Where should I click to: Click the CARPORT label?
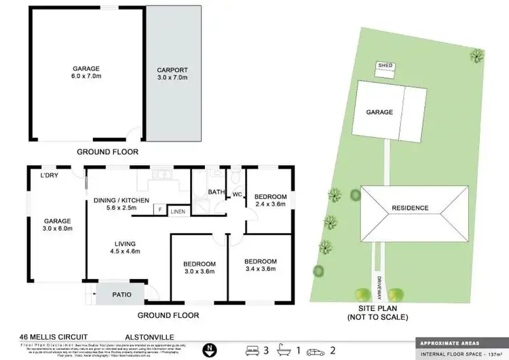click(x=173, y=69)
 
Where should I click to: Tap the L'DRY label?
click(x=49, y=177)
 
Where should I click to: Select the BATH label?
click(x=216, y=192)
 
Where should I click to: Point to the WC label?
click(x=238, y=195)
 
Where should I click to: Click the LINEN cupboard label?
click(x=177, y=212)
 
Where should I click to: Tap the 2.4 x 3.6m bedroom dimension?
click(x=270, y=204)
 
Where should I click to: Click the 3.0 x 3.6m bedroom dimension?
click(x=200, y=272)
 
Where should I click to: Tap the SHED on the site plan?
click(x=385, y=66)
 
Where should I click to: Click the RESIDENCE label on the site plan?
click(x=409, y=208)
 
